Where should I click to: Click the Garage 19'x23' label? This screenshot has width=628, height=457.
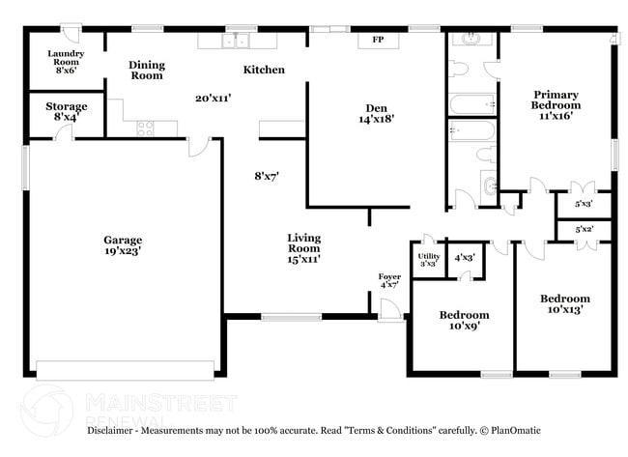pyautogui.click(x=123, y=246)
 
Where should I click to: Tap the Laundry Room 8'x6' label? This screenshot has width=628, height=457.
pyautogui.click(x=66, y=61)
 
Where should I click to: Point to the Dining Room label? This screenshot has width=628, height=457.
pyautogui.click(x=147, y=70)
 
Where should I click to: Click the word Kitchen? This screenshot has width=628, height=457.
pyautogui.click(x=264, y=70)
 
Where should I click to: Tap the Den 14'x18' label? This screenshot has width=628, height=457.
pyautogui.click(x=377, y=113)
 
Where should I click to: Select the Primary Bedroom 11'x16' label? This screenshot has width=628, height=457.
pyautogui.click(x=557, y=104)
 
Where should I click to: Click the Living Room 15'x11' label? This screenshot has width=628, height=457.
pyautogui.click(x=303, y=247)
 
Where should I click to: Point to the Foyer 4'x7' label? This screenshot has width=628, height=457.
pyautogui.click(x=389, y=281)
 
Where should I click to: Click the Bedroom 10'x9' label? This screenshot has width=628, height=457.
pyautogui.click(x=464, y=320)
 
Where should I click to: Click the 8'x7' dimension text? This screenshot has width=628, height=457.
pyautogui.click(x=266, y=176)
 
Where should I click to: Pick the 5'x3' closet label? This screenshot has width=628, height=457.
pyautogui.click(x=584, y=204)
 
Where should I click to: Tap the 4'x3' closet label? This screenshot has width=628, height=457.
pyautogui.click(x=465, y=257)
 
